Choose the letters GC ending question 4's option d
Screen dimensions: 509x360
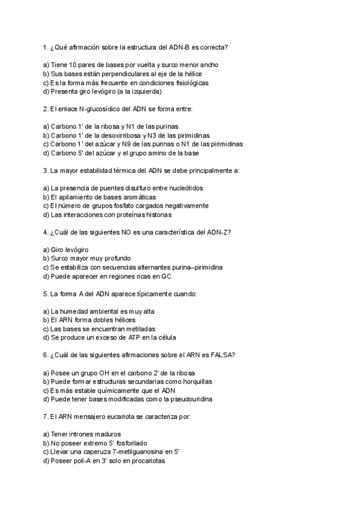coord(167,276)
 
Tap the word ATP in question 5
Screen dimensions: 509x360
coord(126,337)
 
